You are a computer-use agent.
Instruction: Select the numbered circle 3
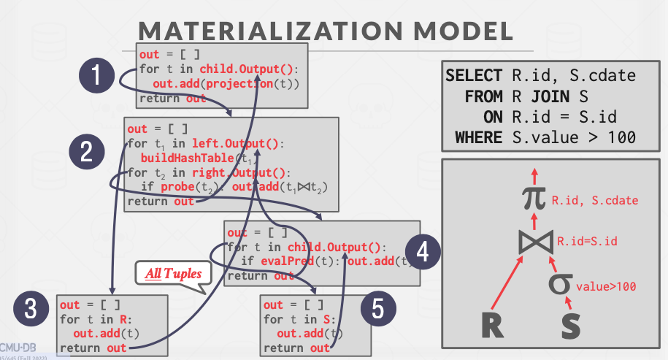pyautogui.click(x=31, y=310)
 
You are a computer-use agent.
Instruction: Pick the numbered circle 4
pyautogui.click(x=422, y=253)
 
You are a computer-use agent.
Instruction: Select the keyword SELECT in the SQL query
pyautogui.click(x=474, y=75)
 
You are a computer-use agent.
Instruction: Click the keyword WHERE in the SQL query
pyautogui.click(x=478, y=137)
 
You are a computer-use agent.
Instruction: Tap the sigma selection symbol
pyautogui.click(x=559, y=284)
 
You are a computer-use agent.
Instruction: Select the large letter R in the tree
pyautogui.click(x=493, y=325)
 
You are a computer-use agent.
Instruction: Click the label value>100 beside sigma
pyautogui.click(x=606, y=286)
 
